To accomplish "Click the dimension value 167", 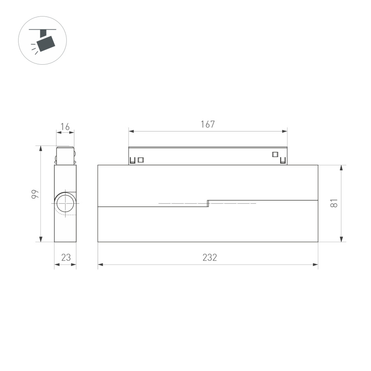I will coord(208,124).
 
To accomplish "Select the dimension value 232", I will coord(209,258).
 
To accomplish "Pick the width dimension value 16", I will coord(65,127).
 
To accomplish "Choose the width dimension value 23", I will coord(66,258).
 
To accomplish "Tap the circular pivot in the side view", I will coord(65,204).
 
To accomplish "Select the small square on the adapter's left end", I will coord(141,160).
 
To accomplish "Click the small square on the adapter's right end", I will coord(275,155).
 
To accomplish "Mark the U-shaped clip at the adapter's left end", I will coord(133,161).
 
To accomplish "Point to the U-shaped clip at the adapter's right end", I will coord(283,160).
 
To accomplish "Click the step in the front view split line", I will coord(208,203).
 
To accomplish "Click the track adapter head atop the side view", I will coord(65,155).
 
